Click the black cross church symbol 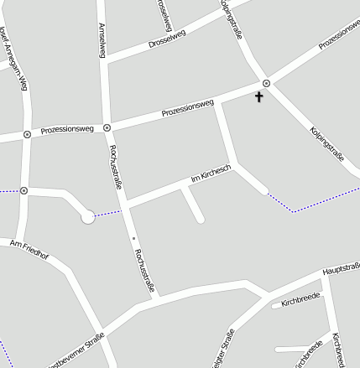coord(258,97)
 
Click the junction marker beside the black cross coord(266,83)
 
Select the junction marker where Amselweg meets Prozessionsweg coord(107,128)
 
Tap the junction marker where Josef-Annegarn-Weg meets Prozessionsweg coord(27,133)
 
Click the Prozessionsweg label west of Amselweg coord(66,130)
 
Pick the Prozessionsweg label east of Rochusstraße coord(188,108)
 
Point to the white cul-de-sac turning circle coord(87,217)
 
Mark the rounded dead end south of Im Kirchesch coord(200,220)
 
